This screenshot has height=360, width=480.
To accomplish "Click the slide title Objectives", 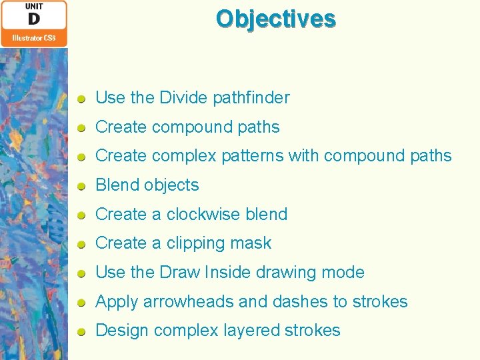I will [x=275, y=19].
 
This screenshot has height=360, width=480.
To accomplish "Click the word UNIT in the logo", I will [x=34, y=6].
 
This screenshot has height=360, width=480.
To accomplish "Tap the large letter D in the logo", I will [x=33, y=19].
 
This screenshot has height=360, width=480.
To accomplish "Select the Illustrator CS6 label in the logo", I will [x=34, y=38].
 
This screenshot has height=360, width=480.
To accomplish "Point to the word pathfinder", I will [x=251, y=98].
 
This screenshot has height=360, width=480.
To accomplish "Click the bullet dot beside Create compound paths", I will [x=81, y=127].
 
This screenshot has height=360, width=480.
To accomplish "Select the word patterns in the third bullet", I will [x=252, y=156].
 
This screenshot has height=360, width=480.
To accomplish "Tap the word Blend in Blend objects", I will [x=117, y=185].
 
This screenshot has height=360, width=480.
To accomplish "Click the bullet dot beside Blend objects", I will [x=81, y=186].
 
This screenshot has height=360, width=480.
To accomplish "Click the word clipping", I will [x=193, y=244].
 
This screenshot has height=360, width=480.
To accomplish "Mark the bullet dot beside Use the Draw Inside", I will [x=81, y=273].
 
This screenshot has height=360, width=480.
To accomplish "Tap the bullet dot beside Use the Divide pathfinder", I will [x=81, y=99].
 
